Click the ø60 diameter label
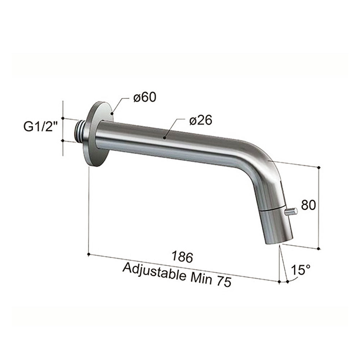pyautogui.click(x=145, y=97)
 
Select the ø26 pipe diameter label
pyautogui.click(x=201, y=120)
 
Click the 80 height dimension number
pyautogui.click(x=309, y=205)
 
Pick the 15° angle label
pyautogui.click(x=301, y=270)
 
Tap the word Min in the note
pyautogui.click(x=201, y=279)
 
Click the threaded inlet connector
pyautogui.click(x=80, y=130)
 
